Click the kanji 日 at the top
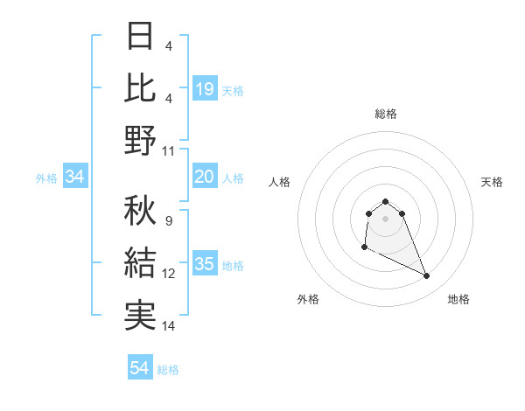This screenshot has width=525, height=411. coord(141,36)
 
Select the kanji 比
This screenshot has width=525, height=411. coord(141,87)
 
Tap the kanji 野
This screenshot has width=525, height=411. coord(141,140)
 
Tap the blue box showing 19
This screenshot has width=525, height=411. coord(205,88)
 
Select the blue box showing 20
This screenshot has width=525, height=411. coord(205,178)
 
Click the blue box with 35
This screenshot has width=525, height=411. coord(205,265)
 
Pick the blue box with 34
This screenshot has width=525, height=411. coord(75,178)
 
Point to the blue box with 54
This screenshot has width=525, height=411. coord(140,368)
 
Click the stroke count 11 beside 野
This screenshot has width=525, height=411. coord(170,151)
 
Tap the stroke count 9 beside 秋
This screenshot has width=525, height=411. coord(168,221)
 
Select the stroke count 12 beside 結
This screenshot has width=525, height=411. coord(170,274)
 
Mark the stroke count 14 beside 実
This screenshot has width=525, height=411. coord(170,326)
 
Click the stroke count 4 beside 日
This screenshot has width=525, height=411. coord(168,46)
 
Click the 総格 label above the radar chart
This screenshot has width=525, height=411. coord(386,114)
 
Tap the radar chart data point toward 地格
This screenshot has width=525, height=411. coord(427,276)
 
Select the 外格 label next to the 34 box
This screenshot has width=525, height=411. coord(46,178)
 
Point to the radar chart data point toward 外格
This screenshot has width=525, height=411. coord(364,248)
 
